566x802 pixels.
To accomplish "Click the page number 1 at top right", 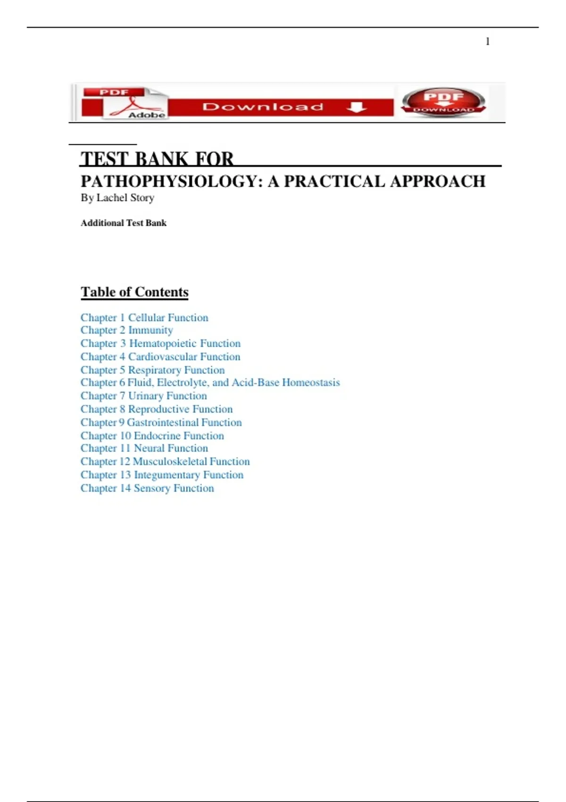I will (487, 42).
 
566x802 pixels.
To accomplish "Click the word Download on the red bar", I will (263, 107).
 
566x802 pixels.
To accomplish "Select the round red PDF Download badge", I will (443, 101).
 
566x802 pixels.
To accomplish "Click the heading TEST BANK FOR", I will (157, 159).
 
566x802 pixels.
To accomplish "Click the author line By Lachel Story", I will (117, 198).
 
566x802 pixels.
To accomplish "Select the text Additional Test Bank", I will (124, 223).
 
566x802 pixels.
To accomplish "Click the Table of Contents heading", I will (134, 292).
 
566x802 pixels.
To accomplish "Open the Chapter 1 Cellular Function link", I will (144, 317).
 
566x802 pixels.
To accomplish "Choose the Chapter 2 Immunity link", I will (126, 330).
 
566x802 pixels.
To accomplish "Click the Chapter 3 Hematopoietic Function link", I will (160, 343).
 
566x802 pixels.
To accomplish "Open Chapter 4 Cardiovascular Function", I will (160, 357).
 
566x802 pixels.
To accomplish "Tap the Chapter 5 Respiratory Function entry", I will (152, 370).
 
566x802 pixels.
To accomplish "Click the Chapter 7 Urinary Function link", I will (143, 396).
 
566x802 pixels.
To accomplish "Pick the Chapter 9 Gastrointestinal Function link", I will (161, 422).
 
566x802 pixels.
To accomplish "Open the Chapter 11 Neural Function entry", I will (144, 448).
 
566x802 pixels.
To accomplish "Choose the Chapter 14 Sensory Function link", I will (147, 488).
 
